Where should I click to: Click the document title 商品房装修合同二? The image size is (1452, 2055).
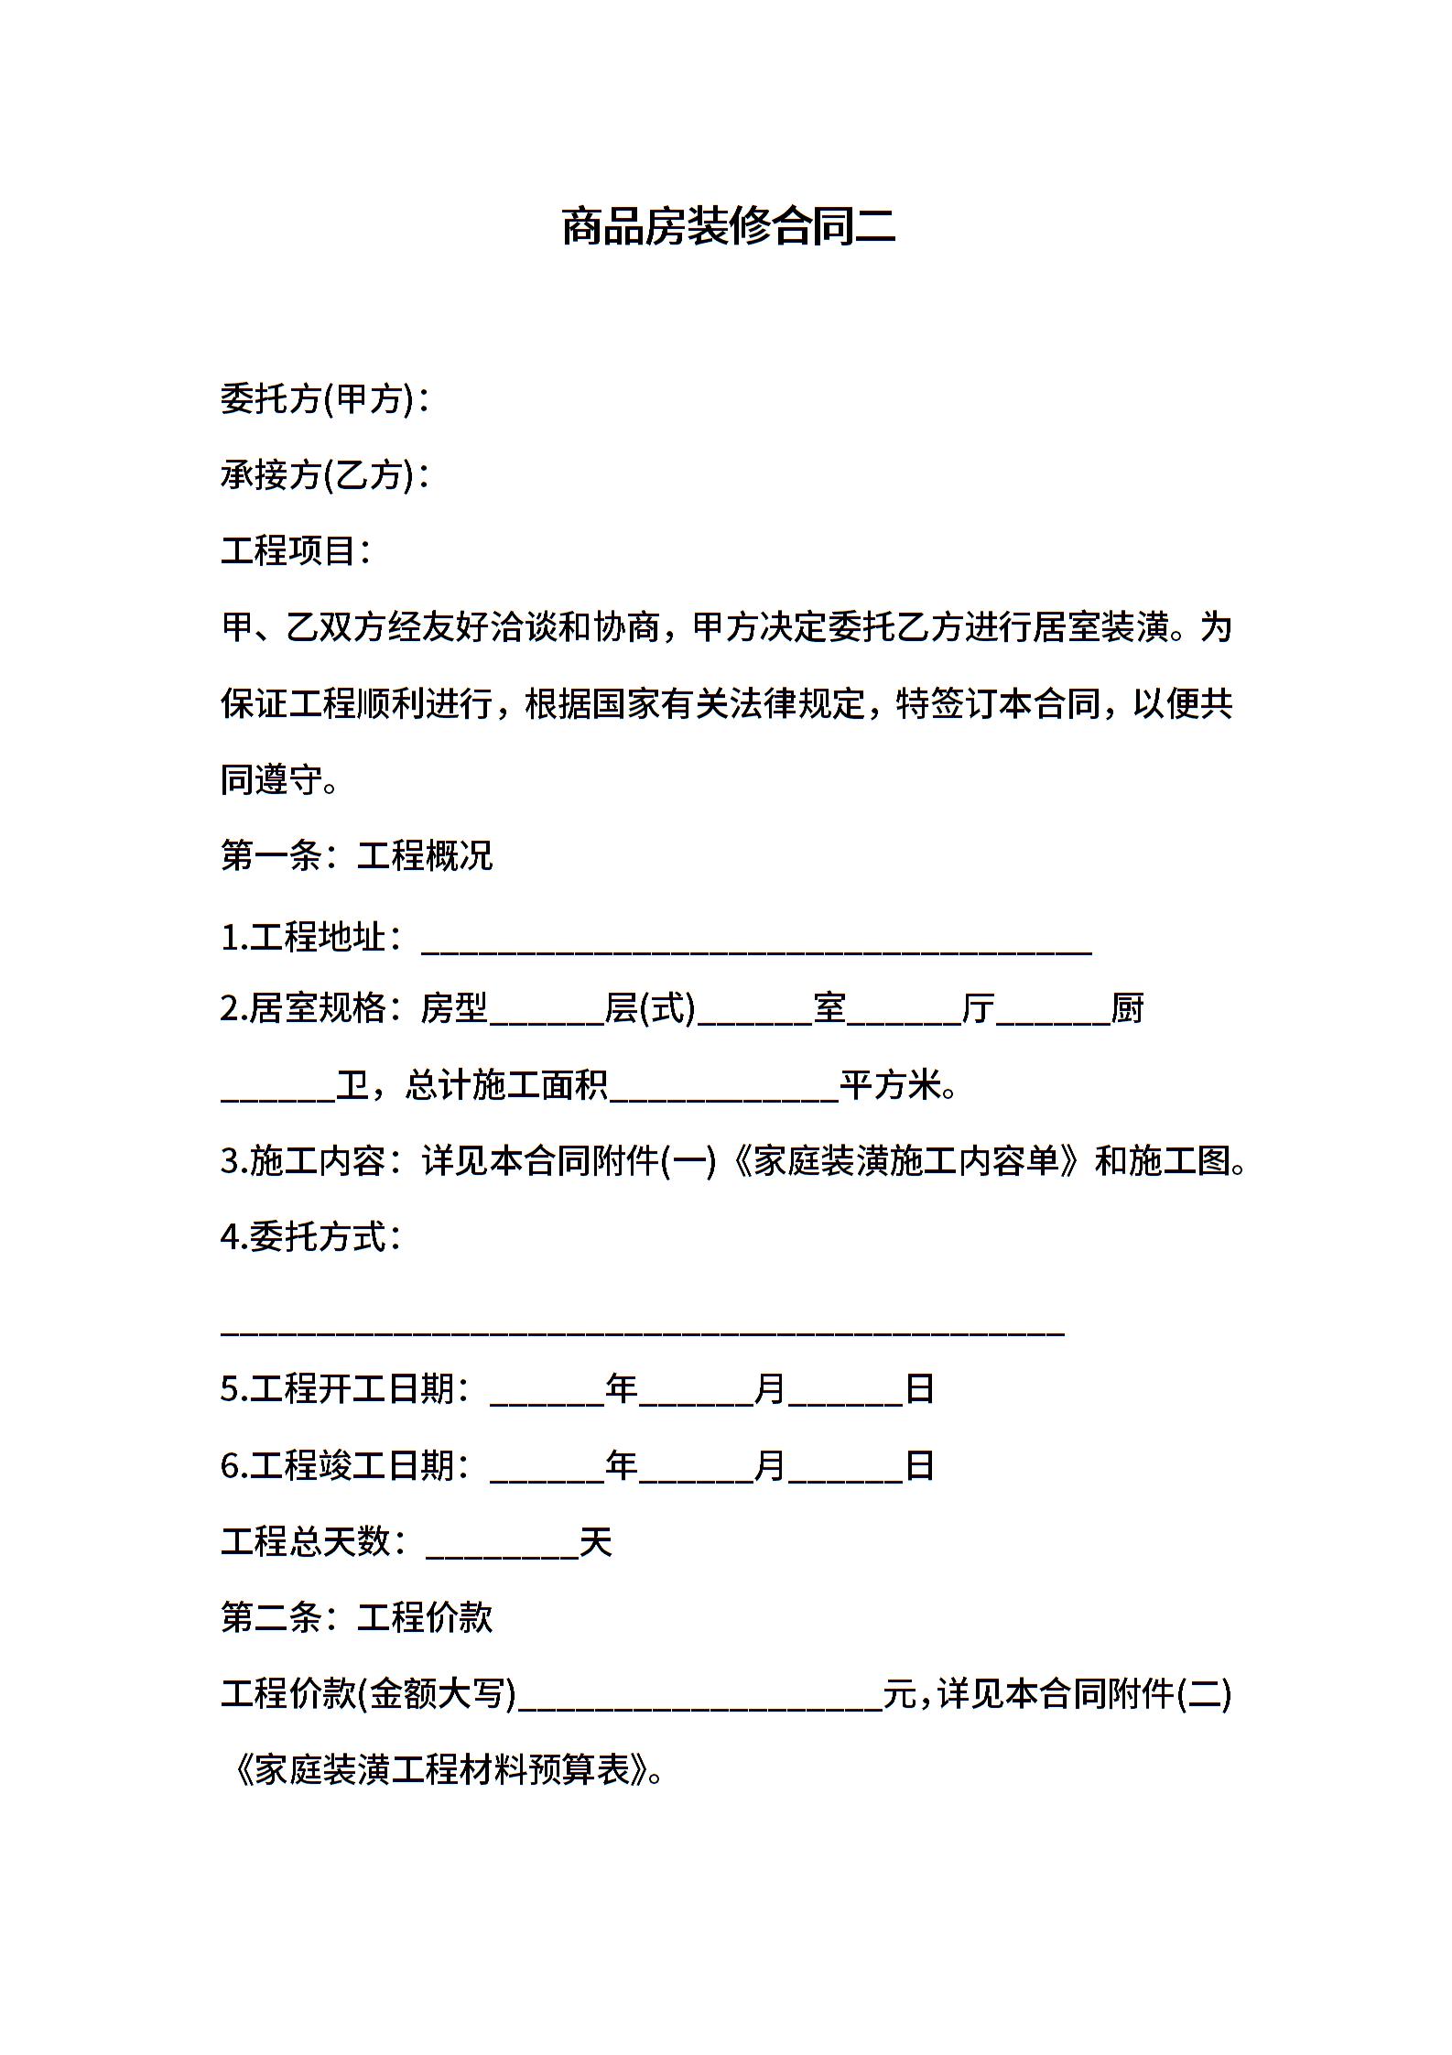tap(727, 227)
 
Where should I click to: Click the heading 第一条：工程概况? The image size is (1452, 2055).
tap(356, 855)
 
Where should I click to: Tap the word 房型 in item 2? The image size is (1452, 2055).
tap(454, 1008)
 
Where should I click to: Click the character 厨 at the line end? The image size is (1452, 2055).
tap(1127, 1008)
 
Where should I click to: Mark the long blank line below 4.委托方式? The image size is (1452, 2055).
tap(642, 1327)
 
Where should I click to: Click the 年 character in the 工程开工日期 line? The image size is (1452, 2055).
tap(622, 1389)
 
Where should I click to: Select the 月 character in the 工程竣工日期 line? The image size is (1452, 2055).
tap(771, 1465)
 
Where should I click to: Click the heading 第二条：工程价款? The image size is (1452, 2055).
tap(356, 1617)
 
